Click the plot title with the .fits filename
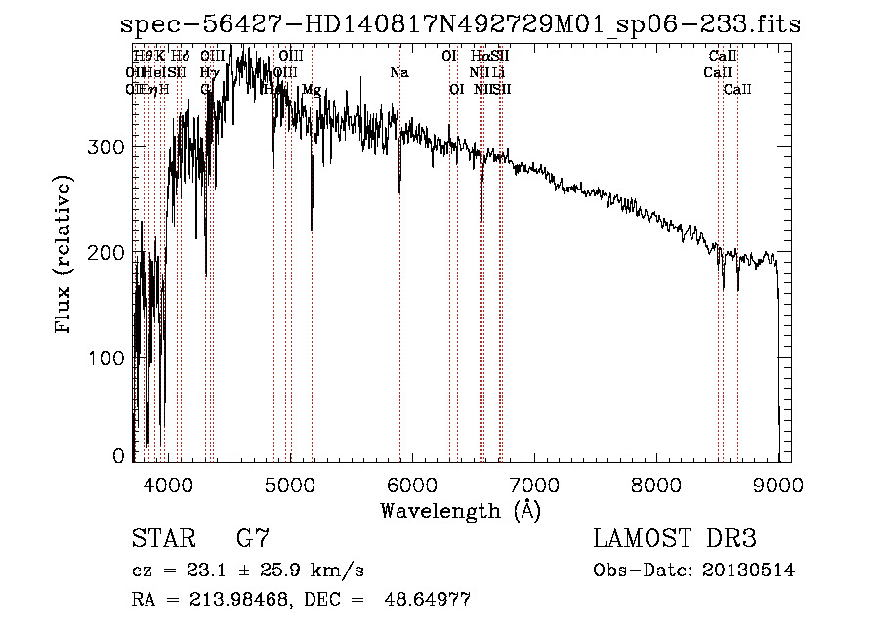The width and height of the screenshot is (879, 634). coord(459,24)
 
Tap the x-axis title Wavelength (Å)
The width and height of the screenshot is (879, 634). coord(460,510)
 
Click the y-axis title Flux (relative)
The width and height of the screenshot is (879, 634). coord(64,257)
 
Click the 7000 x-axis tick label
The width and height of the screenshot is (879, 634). coord(534,485)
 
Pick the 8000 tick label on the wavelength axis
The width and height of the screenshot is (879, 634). coord(656,485)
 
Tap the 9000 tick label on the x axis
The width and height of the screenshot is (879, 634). coord(778,485)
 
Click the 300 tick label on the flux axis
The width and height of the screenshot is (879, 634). coord(107,147)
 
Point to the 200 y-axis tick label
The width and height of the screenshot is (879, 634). coord(107,252)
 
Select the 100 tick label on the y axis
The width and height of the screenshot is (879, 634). coord(107,358)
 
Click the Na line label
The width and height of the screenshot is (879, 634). coord(398,73)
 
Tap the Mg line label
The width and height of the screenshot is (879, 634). coord(311,90)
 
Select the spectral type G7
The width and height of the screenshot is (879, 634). coord(252,539)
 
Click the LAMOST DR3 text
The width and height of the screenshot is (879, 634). coord(675,539)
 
